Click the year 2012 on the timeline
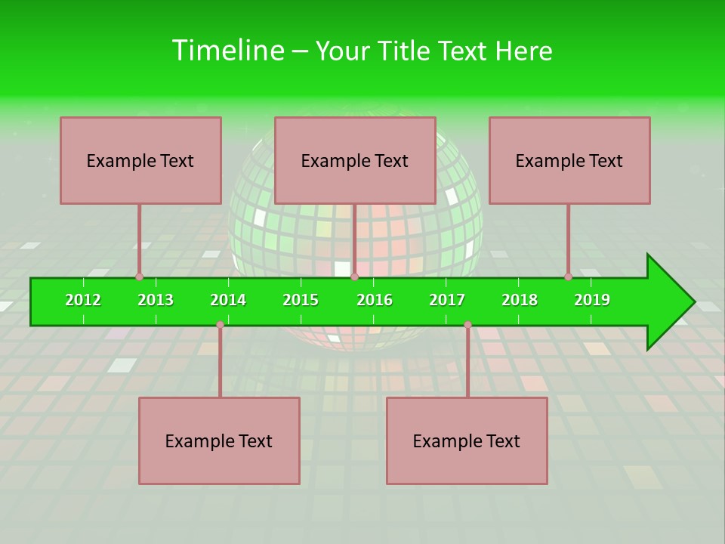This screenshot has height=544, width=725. pyautogui.click(x=83, y=300)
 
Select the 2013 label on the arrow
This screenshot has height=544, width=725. pyautogui.click(x=156, y=300)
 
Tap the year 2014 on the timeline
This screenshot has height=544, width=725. pyautogui.click(x=228, y=300)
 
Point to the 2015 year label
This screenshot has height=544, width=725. pyautogui.click(x=301, y=300)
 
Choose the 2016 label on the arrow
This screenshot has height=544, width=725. pyautogui.click(x=375, y=300)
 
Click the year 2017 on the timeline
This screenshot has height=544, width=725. pyautogui.click(x=447, y=300)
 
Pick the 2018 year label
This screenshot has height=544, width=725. pyautogui.click(x=520, y=300)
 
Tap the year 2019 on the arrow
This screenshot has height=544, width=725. pyautogui.click(x=592, y=300)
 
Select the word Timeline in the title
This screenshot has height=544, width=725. pyautogui.click(x=227, y=51)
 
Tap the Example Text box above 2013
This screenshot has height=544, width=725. pyautogui.click(x=140, y=160)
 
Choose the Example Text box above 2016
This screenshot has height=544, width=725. pyautogui.click(x=355, y=160)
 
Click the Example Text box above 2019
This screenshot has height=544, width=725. pyautogui.click(x=569, y=160)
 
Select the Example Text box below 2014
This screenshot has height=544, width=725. pyautogui.click(x=219, y=440)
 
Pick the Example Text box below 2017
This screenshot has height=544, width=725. pyautogui.click(x=467, y=440)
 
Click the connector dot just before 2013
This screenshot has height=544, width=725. pyautogui.click(x=140, y=277)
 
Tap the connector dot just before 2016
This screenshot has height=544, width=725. pyautogui.click(x=354, y=277)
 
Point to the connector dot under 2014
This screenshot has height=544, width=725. pyautogui.click(x=220, y=324)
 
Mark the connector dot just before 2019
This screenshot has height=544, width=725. pyautogui.click(x=569, y=277)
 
